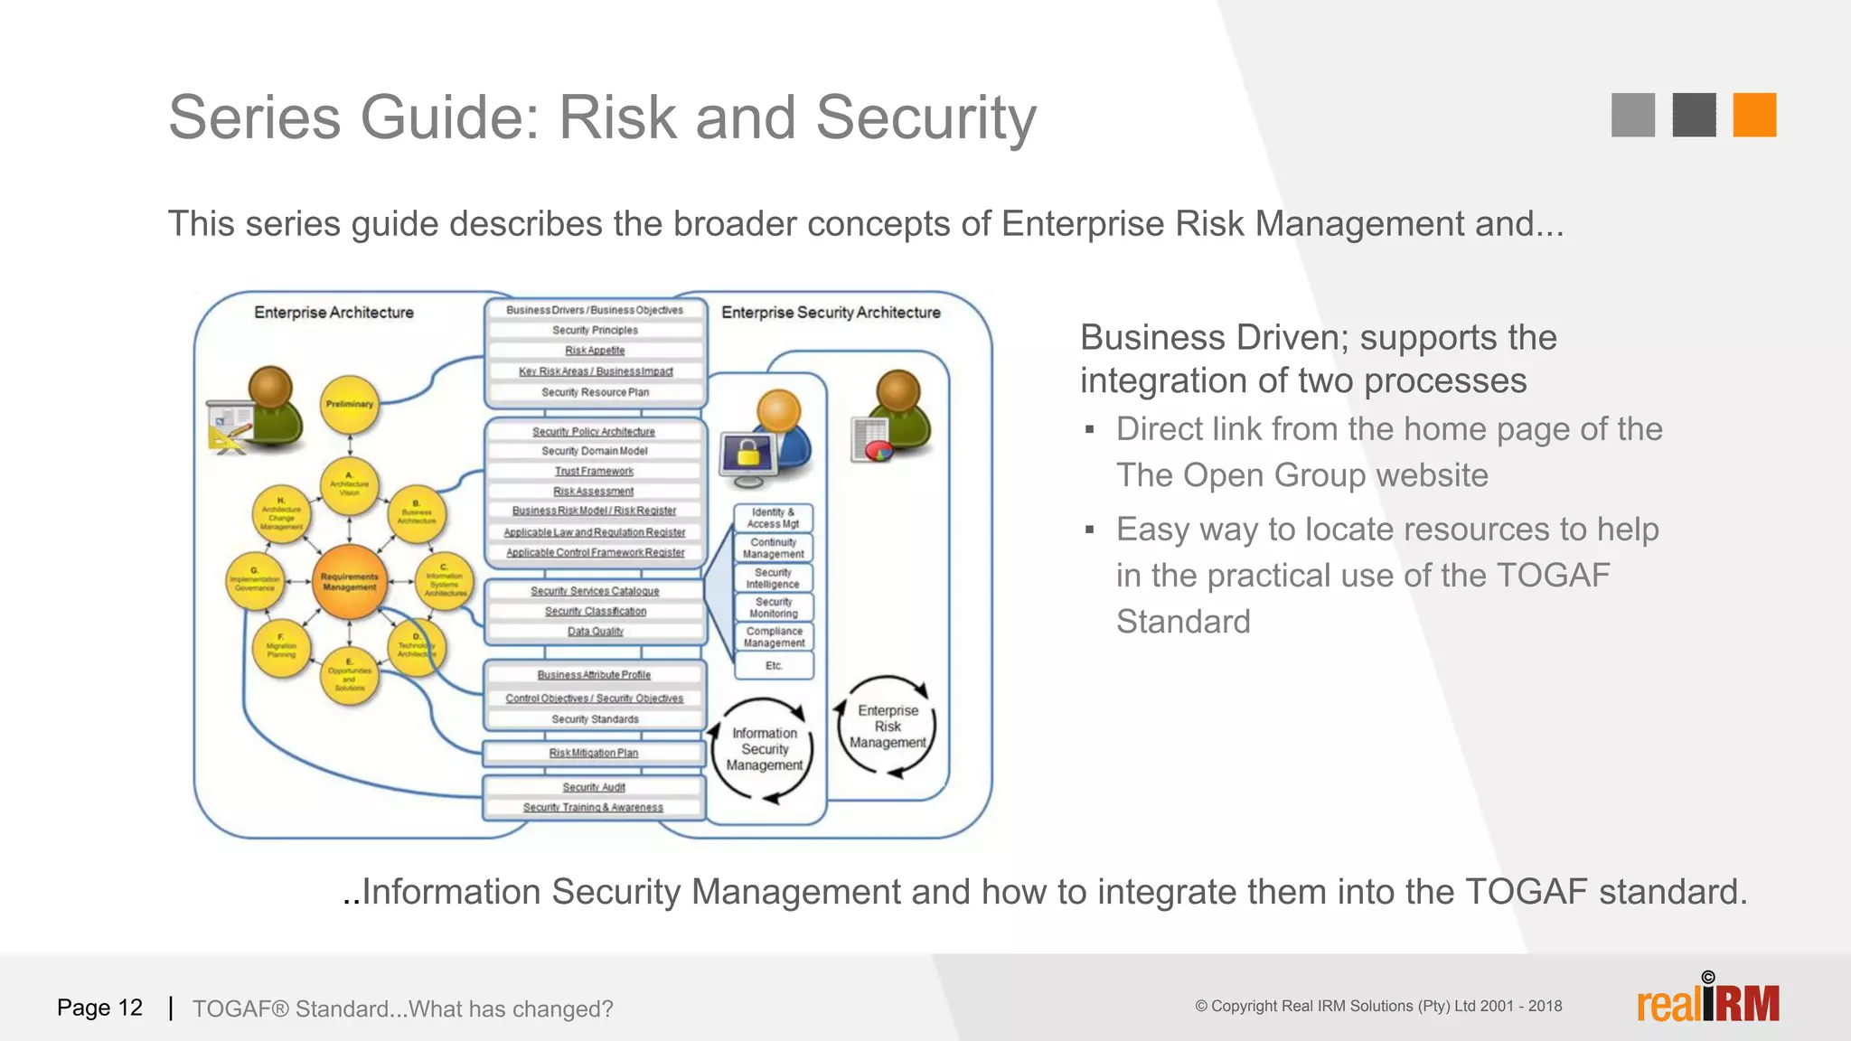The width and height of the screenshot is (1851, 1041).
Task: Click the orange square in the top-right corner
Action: [1754, 115]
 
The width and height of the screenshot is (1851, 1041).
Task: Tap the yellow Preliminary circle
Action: [350, 404]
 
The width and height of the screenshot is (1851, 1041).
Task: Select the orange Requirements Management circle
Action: [350, 582]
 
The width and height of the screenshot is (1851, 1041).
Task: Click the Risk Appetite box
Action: [595, 351]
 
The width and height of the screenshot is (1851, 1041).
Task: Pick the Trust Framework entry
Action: [594, 471]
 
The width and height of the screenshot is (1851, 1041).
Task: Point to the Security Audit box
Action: [594, 787]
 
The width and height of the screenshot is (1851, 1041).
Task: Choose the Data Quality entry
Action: [595, 631]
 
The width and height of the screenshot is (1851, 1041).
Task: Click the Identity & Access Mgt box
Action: [773, 518]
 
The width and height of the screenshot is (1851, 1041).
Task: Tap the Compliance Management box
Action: [774, 637]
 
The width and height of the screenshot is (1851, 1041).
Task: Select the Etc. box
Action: [774, 665]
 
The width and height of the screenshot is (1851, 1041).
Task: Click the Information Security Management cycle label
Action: [765, 749]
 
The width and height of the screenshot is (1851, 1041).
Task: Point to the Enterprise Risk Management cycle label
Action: [888, 727]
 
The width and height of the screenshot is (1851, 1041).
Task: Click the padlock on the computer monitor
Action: [748, 453]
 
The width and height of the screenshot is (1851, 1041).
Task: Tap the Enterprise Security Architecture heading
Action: [831, 313]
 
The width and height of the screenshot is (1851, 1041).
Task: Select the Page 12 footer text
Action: [99, 1008]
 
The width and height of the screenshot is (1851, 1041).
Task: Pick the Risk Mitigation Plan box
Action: [594, 753]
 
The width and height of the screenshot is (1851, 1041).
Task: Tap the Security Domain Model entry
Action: [595, 451]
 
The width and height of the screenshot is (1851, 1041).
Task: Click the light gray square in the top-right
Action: [1632, 115]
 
